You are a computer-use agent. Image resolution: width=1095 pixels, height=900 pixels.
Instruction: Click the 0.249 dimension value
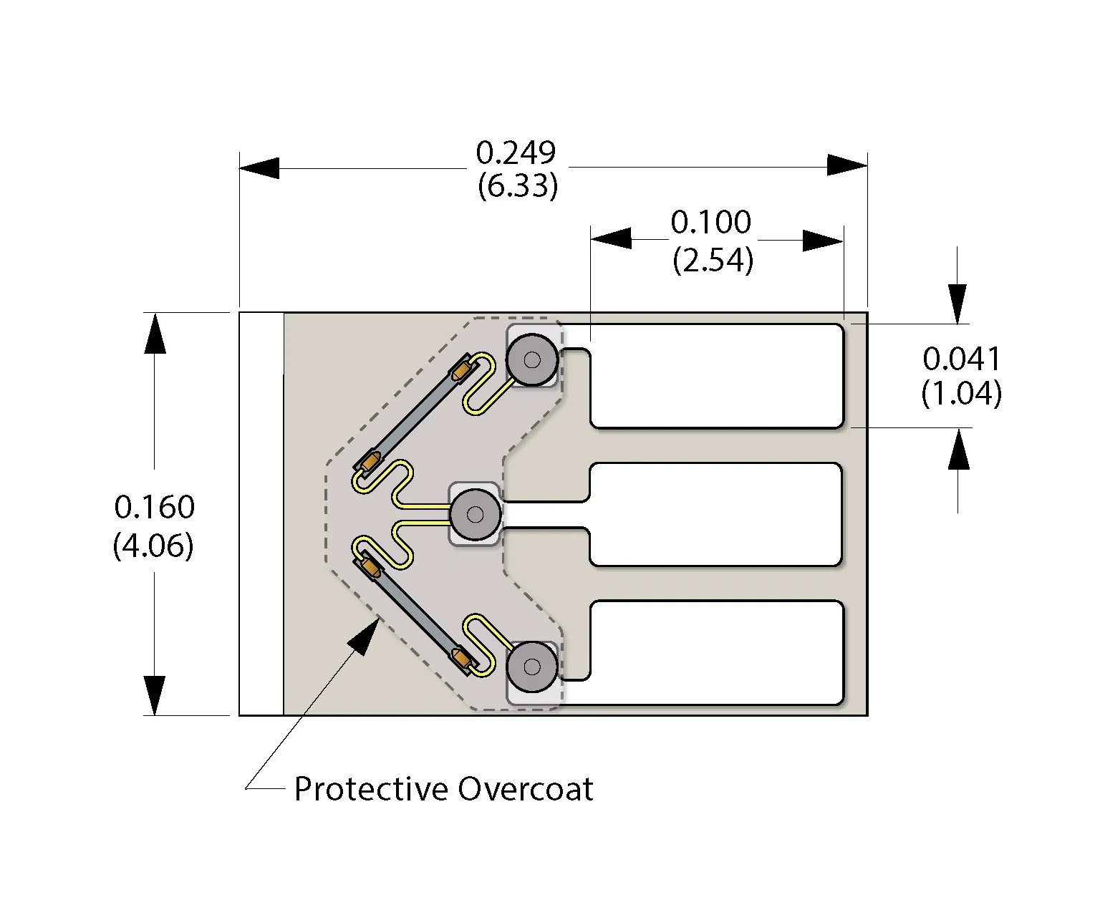pyautogui.click(x=516, y=153)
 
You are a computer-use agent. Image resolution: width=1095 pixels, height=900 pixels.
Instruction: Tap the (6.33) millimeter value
pyautogui.click(x=517, y=186)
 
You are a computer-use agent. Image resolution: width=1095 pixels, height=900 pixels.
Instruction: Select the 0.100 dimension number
pyautogui.click(x=710, y=223)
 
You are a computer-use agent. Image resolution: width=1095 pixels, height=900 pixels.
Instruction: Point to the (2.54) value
pyautogui.click(x=713, y=260)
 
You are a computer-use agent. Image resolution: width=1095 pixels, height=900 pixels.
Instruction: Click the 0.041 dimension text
pyautogui.click(x=961, y=359)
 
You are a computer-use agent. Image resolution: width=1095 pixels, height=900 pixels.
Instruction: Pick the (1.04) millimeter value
pyautogui.click(x=961, y=393)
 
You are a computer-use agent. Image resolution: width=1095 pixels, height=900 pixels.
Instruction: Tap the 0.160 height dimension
pyautogui.click(x=154, y=507)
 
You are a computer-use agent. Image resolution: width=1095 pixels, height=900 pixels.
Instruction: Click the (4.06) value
pyautogui.click(x=153, y=546)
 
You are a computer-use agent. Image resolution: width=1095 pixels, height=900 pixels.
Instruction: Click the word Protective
pyautogui.click(x=371, y=789)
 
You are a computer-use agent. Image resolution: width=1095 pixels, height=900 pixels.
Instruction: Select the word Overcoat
pyautogui.click(x=526, y=789)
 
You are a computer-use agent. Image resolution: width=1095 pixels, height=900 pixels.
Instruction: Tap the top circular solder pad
pyautogui.click(x=532, y=360)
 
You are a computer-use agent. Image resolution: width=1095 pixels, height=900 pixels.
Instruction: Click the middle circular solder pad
pyautogui.click(x=475, y=514)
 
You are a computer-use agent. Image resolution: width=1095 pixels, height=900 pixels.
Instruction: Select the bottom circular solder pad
pyautogui.click(x=532, y=667)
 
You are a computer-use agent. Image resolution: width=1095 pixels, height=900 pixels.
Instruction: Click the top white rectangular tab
pyautogui.click(x=716, y=376)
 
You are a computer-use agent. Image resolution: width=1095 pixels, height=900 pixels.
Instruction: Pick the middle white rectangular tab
pyautogui.click(x=716, y=514)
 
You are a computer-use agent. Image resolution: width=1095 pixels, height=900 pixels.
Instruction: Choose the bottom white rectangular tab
pyautogui.click(x=716, y=652)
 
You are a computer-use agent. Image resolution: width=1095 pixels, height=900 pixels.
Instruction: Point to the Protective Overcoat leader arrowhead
pyautogui.click(x=367, y=635)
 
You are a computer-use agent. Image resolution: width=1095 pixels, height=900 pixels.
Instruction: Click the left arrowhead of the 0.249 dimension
pyautogui.click(x=259, y=168)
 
